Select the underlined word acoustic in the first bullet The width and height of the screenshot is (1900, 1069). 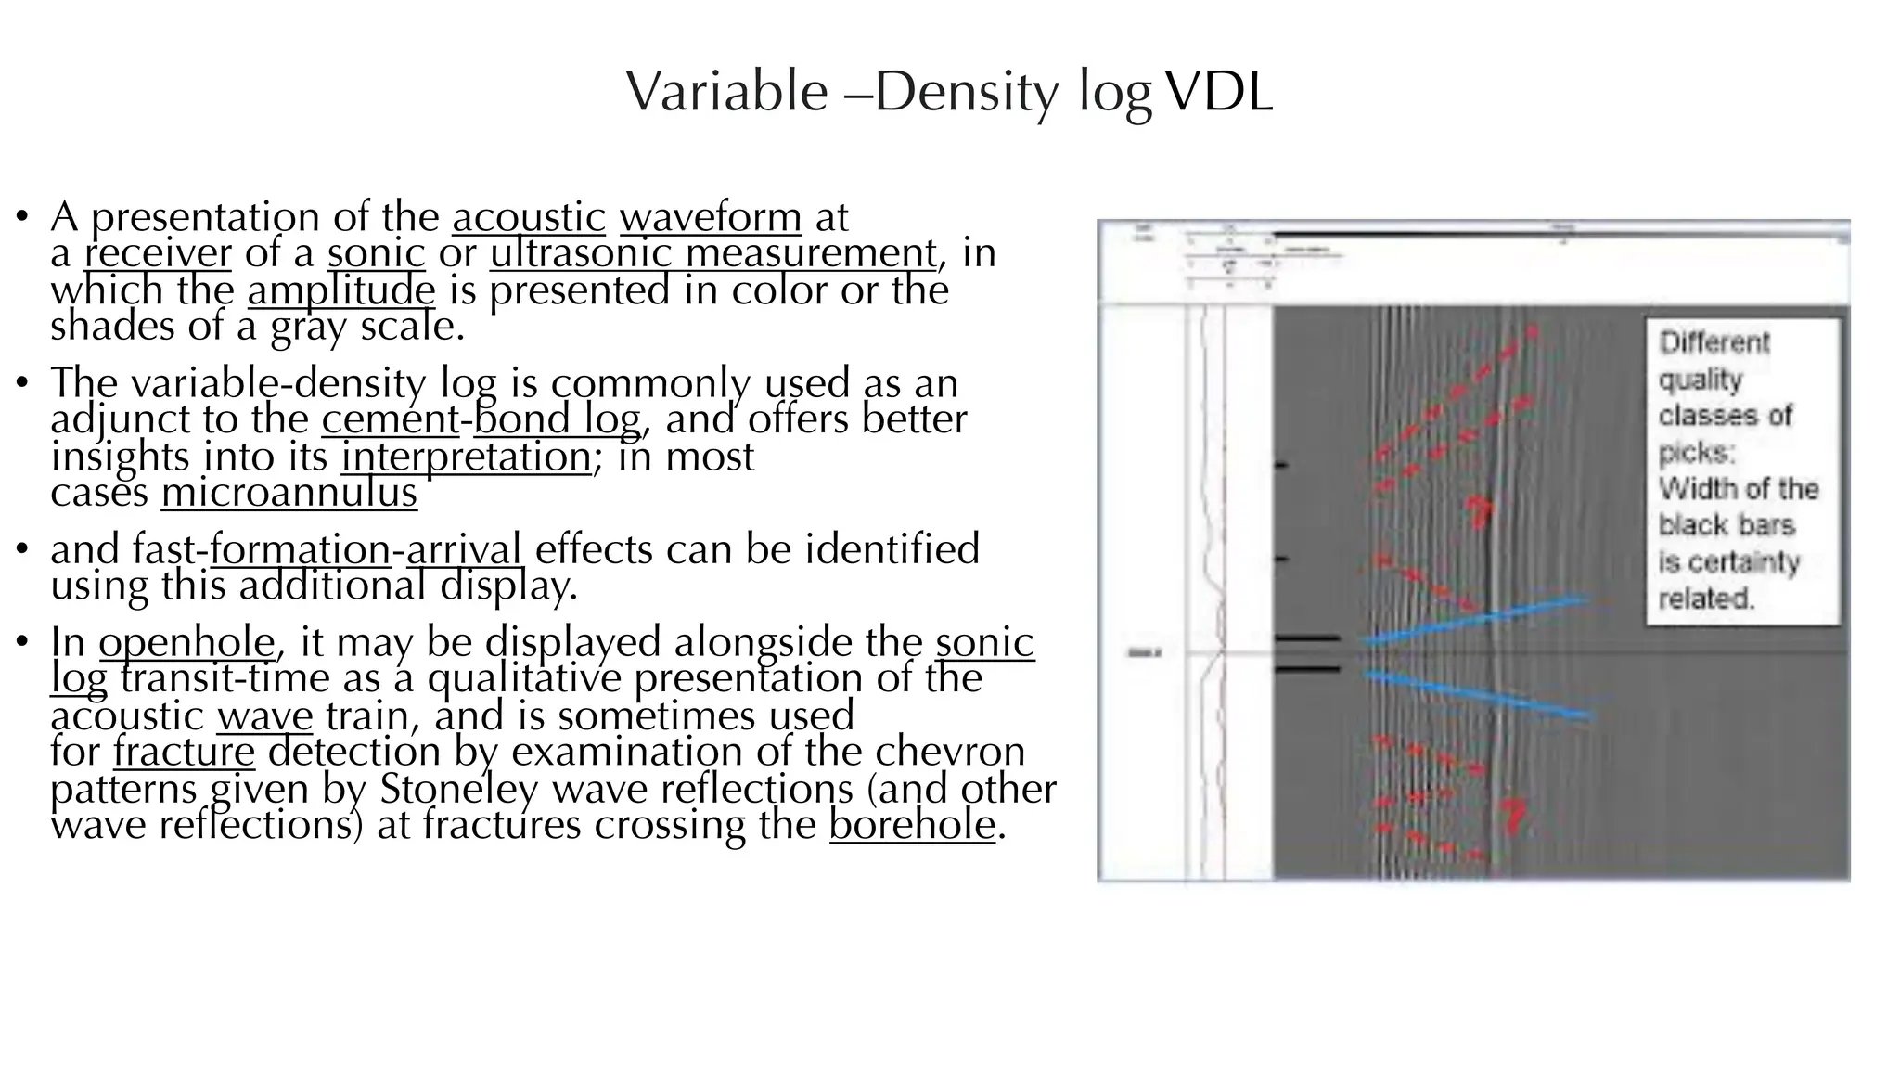[x=529, y=217]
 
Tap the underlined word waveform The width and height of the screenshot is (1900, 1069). [x=711, y=217]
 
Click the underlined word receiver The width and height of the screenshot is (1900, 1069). [x=158, y=253]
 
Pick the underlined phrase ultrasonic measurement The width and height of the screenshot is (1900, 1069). [x=713, y=253]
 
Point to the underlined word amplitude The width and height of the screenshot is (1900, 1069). [x=341, y=290]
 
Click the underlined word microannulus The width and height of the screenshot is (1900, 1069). [x=289, y=492]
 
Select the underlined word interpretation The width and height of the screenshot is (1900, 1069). [x=466, y=457]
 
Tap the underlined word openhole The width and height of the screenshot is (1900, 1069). [x=186, y=642]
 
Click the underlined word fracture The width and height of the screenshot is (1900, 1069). [x=184, y=752]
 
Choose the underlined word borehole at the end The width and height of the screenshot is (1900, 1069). [x=912, y=825]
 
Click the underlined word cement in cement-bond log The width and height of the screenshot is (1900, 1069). [x=391, y=419]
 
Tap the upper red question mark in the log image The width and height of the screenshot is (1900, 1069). [x=1478, y=510]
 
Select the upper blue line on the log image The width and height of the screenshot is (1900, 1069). [x=1475, y=619]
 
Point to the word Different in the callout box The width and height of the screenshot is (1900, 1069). [x=1714, y=342]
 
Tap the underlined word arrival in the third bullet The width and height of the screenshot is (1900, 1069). [x=464, y=549]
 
